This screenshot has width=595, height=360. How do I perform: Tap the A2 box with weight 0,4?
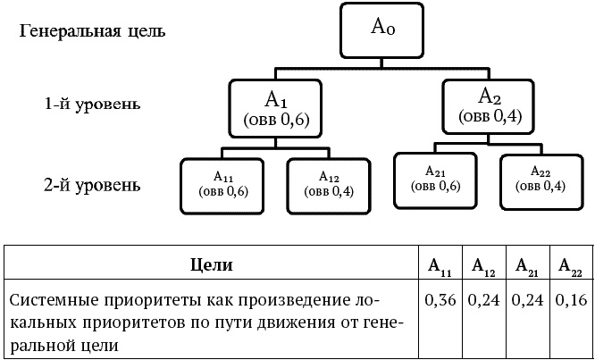pos(490,105)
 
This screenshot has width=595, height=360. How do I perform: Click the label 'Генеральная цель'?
pos(92,32)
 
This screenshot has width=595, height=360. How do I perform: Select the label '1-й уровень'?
pos(92,105)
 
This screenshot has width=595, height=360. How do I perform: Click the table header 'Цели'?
pos(213,264)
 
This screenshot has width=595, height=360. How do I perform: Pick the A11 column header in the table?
pos(440,266)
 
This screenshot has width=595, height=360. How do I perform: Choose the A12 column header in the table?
pos(483,266)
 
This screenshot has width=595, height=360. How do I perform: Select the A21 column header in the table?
pos(528,266)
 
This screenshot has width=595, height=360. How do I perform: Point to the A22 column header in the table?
pos(571,266)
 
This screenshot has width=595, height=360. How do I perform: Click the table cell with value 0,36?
pos(440,300)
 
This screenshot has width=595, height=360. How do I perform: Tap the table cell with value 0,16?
pos(571,300)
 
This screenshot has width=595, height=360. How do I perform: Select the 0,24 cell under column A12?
pos(483,300)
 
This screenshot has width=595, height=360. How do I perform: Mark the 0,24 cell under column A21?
pos(528,300)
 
